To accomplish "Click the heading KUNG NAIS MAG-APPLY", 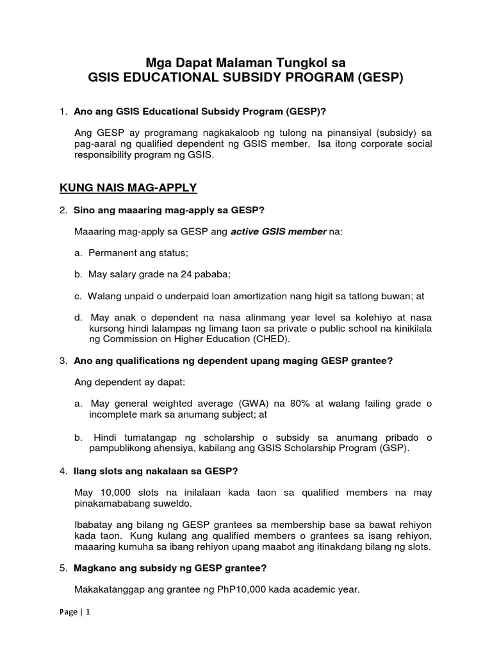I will (128, 188).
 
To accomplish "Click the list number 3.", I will (63, 361).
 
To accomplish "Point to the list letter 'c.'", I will (78, 296).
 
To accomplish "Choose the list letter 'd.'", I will (78, 317).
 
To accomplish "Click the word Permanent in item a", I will (113, 253).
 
